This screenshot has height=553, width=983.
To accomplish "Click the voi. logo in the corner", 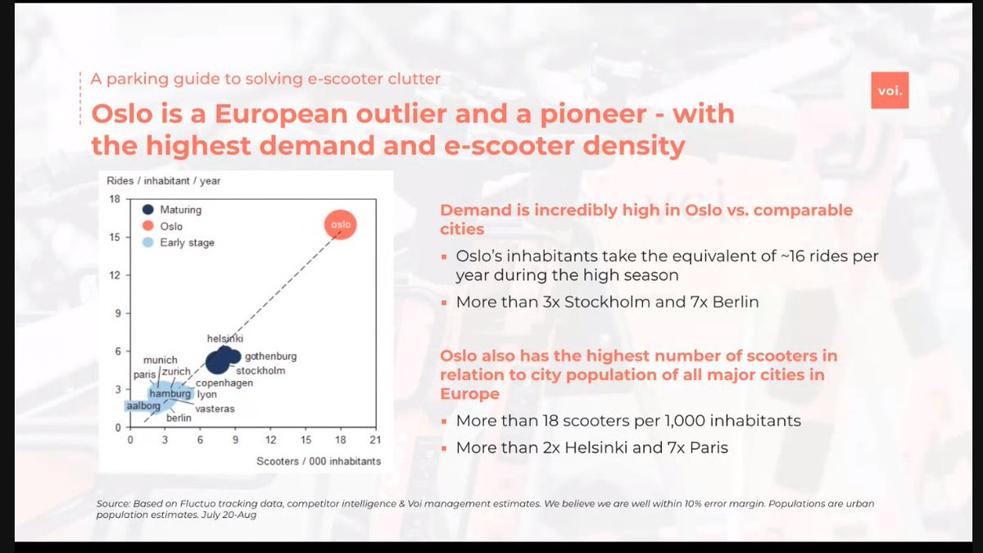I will point(889,90).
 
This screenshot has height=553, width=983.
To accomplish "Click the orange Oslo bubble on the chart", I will point(340,224).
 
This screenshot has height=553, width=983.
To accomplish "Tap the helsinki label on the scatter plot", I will point(225,338).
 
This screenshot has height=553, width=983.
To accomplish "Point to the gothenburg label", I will point(270,356).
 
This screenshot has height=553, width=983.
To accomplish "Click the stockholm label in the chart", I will point(260,371).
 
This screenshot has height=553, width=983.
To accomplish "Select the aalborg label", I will point(143,406).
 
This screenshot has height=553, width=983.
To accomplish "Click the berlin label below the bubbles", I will point(179,418).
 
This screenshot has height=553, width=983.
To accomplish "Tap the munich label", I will point(160,360).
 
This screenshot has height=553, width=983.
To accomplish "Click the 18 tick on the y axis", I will point(116,199).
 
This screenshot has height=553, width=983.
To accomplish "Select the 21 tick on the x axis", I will point(375,440).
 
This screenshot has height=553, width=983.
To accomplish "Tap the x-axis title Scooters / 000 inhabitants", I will point(319,461).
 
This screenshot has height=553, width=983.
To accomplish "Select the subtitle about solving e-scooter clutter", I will point(265,79).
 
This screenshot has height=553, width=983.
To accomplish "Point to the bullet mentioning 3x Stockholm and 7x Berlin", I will point(606,301).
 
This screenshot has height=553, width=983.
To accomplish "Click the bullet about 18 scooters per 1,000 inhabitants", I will point(627,421).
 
